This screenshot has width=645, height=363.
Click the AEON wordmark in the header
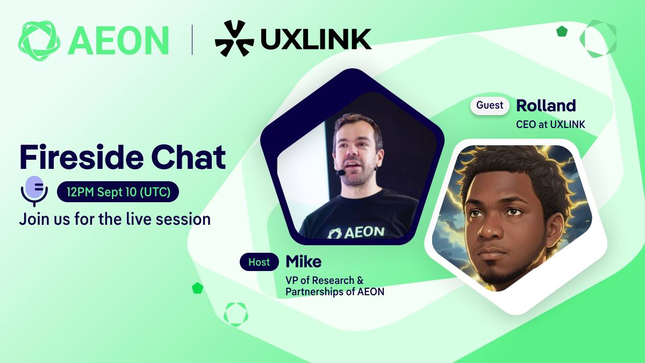[118, 40]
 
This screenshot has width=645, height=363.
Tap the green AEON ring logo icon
[39, 41]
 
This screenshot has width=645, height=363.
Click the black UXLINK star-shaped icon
[234, 38]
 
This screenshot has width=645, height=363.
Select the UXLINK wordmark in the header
[316, 39]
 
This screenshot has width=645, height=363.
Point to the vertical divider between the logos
[192, 40]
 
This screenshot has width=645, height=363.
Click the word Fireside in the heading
[82, 157]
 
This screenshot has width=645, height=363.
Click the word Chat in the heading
[188, 157]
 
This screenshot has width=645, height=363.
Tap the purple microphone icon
[34, 191]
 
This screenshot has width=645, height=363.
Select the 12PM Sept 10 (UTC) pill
[118, 191]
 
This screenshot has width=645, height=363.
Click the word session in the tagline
[183, 219]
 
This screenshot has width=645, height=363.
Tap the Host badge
[259, 262]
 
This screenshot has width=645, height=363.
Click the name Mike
[304, 261]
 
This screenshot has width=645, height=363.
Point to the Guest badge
[490, 105]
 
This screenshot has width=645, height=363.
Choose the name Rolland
[546, 105]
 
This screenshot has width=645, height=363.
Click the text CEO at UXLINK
[550, 124]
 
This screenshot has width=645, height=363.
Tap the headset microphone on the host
[341, 173]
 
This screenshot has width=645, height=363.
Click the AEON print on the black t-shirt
[356, 232]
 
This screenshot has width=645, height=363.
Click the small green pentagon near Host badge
[198, 288]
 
